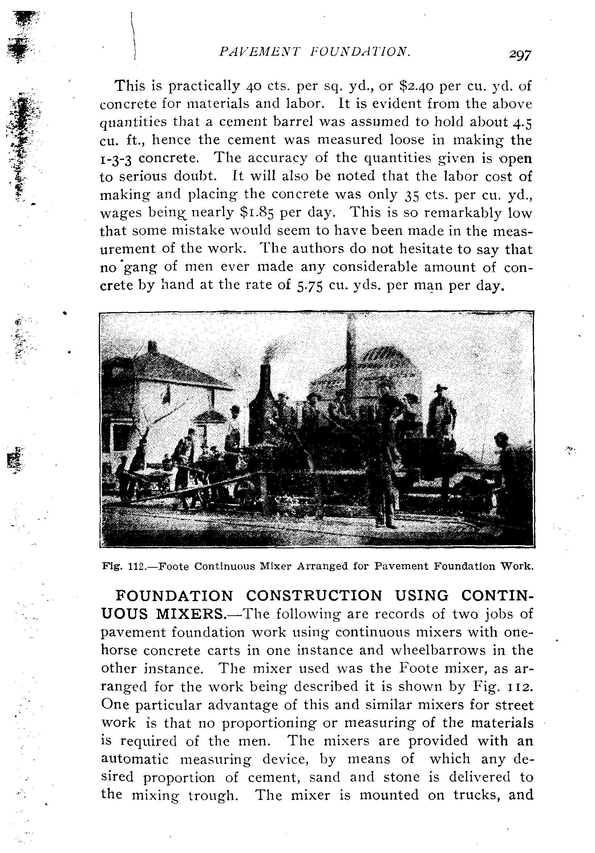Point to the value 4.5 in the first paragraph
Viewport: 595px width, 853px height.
coord(522,122)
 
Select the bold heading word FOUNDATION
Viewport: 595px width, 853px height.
coord(174,596)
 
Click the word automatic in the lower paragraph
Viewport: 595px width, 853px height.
coord(134,759)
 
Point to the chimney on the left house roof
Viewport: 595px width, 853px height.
coord(152,347)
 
